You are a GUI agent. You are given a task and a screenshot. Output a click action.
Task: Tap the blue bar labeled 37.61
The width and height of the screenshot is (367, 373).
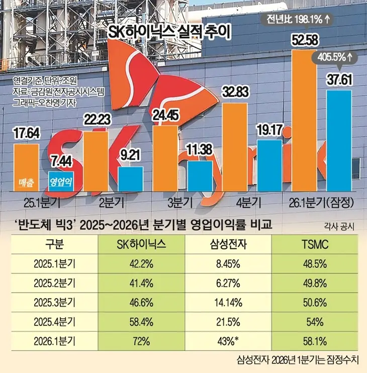[338, 141]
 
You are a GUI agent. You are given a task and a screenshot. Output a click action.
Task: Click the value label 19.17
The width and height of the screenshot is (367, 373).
[270, 129]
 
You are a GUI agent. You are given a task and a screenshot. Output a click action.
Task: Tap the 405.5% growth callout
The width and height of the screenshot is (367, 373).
[334, 56]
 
